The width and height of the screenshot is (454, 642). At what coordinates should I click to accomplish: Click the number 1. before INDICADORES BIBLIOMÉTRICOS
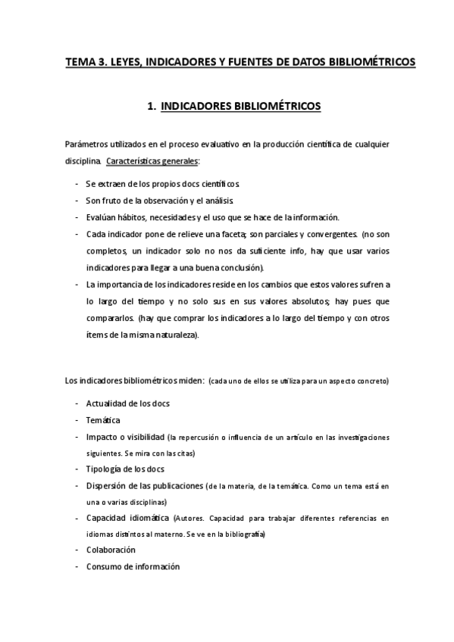click(152, 107)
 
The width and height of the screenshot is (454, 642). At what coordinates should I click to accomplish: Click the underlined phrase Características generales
click(154, 160)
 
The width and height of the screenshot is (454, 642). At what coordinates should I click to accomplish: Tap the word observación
click(174, 200)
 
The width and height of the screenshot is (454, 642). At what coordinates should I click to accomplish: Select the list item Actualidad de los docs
click(128, 403)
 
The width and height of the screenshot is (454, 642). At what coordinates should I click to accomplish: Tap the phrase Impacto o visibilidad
click(125, 437)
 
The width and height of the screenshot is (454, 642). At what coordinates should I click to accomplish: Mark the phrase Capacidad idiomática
click(128, 519)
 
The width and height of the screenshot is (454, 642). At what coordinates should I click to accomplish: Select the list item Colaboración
click(111, 550)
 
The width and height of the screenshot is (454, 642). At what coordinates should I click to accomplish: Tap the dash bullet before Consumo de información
click(78, 566)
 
